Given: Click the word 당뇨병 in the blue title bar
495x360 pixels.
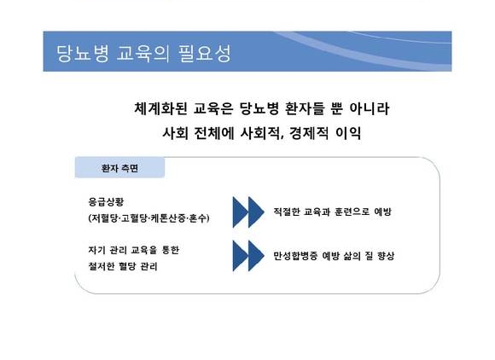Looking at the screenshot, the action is pyautogui.click(x=83, y=54).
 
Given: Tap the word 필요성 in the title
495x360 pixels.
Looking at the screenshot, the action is pyautogui.click(x=205, y=54).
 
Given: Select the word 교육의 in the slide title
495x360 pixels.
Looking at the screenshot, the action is pyautogui.click(x=143, y=54).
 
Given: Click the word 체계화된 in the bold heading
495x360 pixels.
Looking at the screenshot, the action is pyautogui.click(x=160, y=108).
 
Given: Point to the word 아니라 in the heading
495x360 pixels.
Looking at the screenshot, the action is pyautogui.click(x=370, y=108).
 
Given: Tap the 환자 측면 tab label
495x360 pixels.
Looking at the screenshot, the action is pyautogui.click(x=119, y=168).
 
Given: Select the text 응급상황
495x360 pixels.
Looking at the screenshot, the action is pyautogui.click(x=106, y=201).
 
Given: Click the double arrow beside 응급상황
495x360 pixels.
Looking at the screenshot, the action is pyautogui.click(x=248, y=212).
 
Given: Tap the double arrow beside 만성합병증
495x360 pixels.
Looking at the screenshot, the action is pyautogui.click(x=248, y=256).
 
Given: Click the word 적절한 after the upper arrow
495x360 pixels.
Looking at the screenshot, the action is pyautogui.click(x=286, y=212).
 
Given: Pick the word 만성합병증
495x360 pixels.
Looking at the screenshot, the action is pyautogui.click(x=295, y=256).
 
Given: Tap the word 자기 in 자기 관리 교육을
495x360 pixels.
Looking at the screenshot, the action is pyautogui.click(x=96, y=250).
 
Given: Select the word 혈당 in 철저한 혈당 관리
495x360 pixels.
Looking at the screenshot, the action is pyautogui.click(x=127, y=266).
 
